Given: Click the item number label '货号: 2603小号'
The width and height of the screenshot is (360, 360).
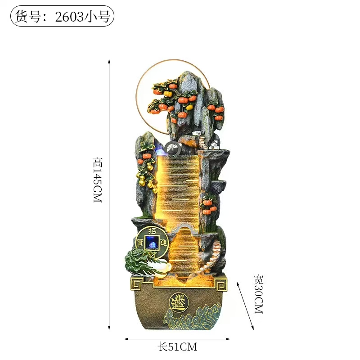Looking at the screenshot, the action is point(62,16).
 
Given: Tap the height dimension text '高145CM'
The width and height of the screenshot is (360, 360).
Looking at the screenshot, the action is point(97,180).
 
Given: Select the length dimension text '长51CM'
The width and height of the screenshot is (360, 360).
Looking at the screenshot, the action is point(177,347).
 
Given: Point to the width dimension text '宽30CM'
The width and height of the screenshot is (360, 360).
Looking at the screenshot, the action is point(259,294).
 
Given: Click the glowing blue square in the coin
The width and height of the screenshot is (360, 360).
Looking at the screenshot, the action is point(152,242).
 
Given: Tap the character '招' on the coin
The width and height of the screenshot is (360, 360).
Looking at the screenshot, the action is point(152,231).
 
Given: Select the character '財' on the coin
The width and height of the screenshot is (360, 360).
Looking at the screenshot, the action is point(152,254).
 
